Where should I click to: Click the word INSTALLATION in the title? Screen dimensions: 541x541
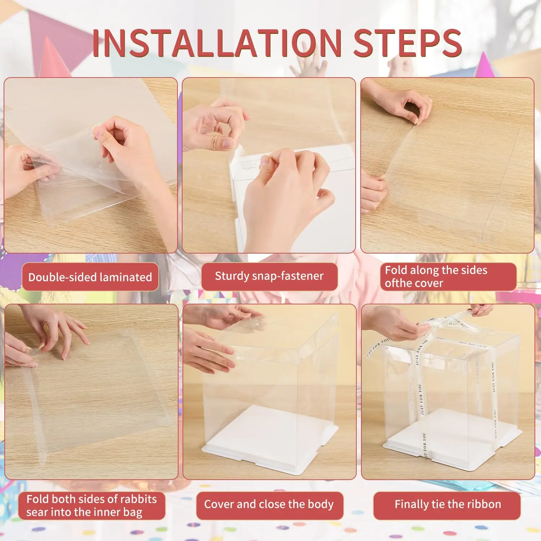pyautogui.click(x=216, y=43)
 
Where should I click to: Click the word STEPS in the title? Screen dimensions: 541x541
pyautogui.click(x=408, y=43)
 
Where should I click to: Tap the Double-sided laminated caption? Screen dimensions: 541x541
pyautogui.click(x=90, y=277)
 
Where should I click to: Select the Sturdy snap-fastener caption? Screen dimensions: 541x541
pyautogui.click(x=269, y=276)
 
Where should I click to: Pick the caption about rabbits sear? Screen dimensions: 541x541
pyautogui.click(x=92, y=506)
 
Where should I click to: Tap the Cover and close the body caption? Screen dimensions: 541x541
pyautogui.click(x=269, y=504)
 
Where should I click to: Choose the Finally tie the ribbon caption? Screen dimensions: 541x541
pyautogui.click(x=447, y=504)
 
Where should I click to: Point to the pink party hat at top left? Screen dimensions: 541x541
pyautogui.click(x=54, y=58)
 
